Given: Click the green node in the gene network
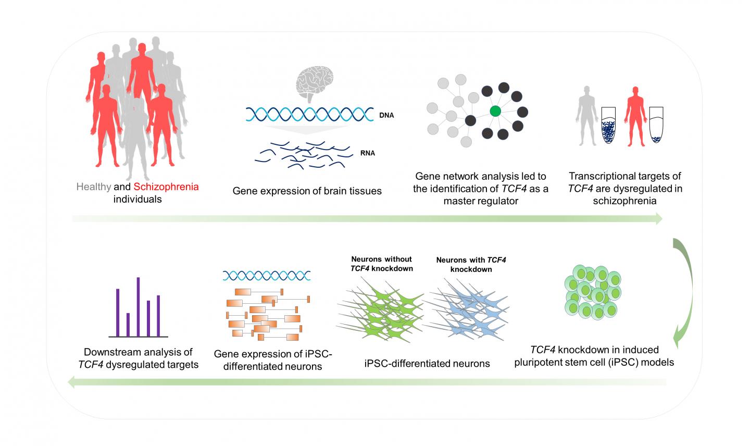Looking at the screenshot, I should [495, 110].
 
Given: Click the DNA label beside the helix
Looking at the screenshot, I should [386, 115].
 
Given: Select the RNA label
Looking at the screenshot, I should [367, 153].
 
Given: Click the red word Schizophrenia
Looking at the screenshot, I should [166, 187].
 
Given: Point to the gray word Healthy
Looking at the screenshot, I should [94, 187].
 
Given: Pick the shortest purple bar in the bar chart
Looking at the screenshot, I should [128, 324].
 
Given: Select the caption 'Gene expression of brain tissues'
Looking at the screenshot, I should [307, 191].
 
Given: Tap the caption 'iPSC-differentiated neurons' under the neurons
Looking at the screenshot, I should [427, 363].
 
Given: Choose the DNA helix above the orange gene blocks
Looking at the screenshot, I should [267, 275].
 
